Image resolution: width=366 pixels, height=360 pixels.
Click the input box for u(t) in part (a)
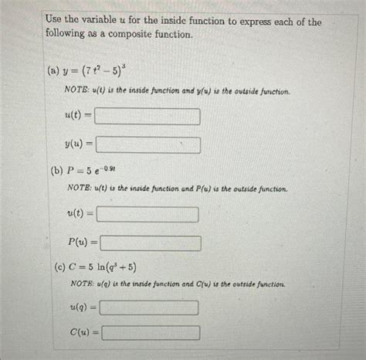(147, 117)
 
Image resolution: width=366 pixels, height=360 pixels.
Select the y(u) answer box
(147, 144)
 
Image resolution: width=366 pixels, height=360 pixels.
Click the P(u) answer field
(150, 243)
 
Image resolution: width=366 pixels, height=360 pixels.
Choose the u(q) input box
(150, 307)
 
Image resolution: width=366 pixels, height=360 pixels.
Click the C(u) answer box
(150, 333)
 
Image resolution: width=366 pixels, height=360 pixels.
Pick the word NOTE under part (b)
(80, 188)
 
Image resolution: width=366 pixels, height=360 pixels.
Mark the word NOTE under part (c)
(81, 285)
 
